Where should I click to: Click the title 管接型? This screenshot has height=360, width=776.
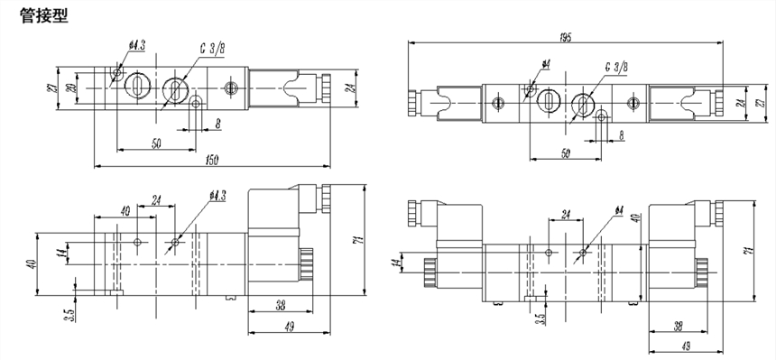(43, 16)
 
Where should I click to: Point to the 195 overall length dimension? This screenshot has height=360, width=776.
(566, 38)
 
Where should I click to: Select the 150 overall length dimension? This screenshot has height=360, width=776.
(211, 160)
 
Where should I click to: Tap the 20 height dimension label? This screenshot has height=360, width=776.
(71, 88)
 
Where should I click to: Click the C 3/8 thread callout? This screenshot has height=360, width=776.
(213, 48)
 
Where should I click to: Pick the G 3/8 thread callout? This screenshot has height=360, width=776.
(616, 67)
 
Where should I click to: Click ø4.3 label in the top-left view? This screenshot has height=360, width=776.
(136, 45)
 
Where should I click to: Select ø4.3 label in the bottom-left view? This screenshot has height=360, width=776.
(217, 196)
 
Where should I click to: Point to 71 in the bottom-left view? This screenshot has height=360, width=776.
(360, 240)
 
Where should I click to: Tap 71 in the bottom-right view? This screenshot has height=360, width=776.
(749, 251)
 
